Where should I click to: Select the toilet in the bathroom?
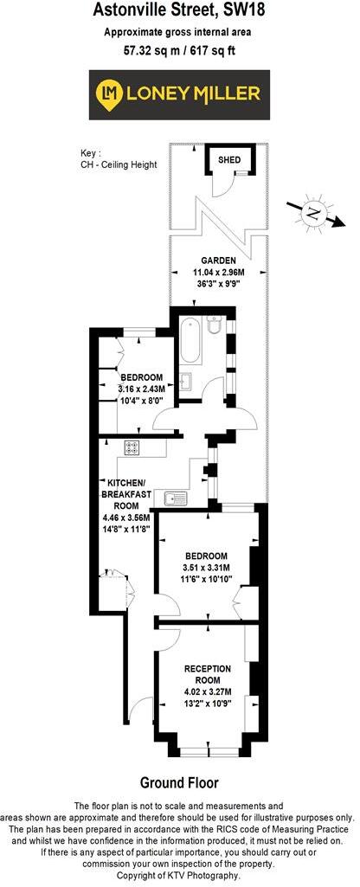tap(216, 325)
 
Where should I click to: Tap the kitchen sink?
tap(177, 497)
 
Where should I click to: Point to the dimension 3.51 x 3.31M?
tap(206, 567)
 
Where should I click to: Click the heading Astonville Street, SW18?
tap(180, 11)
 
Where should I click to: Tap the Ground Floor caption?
tap(179, 782)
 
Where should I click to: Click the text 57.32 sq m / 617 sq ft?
tap(180, 51)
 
